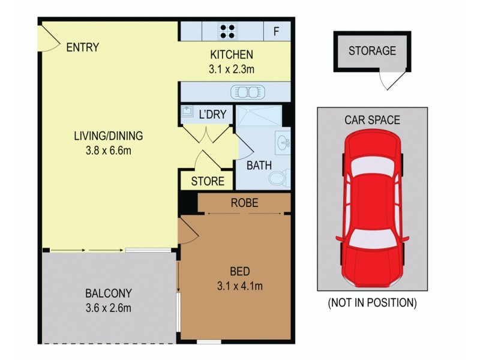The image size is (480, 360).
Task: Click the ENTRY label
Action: pyautogui.click(x=83, y=47)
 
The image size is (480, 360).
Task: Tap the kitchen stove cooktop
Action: pyautogui.click(x=227, y=31)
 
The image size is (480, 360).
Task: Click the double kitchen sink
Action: pyautogui.click(x=247, y=92)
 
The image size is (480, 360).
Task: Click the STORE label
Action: pyautogui.click(x=208, y=181)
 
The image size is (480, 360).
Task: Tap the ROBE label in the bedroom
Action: pyautogui.click(x=244, y=203)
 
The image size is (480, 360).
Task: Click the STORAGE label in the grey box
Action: pyautogui.click(x=372, y=51)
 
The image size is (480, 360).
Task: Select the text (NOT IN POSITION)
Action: pyautogui.click(x=372, y=303)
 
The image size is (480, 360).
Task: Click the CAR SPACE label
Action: pyautogui.click(x=372, y=120)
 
